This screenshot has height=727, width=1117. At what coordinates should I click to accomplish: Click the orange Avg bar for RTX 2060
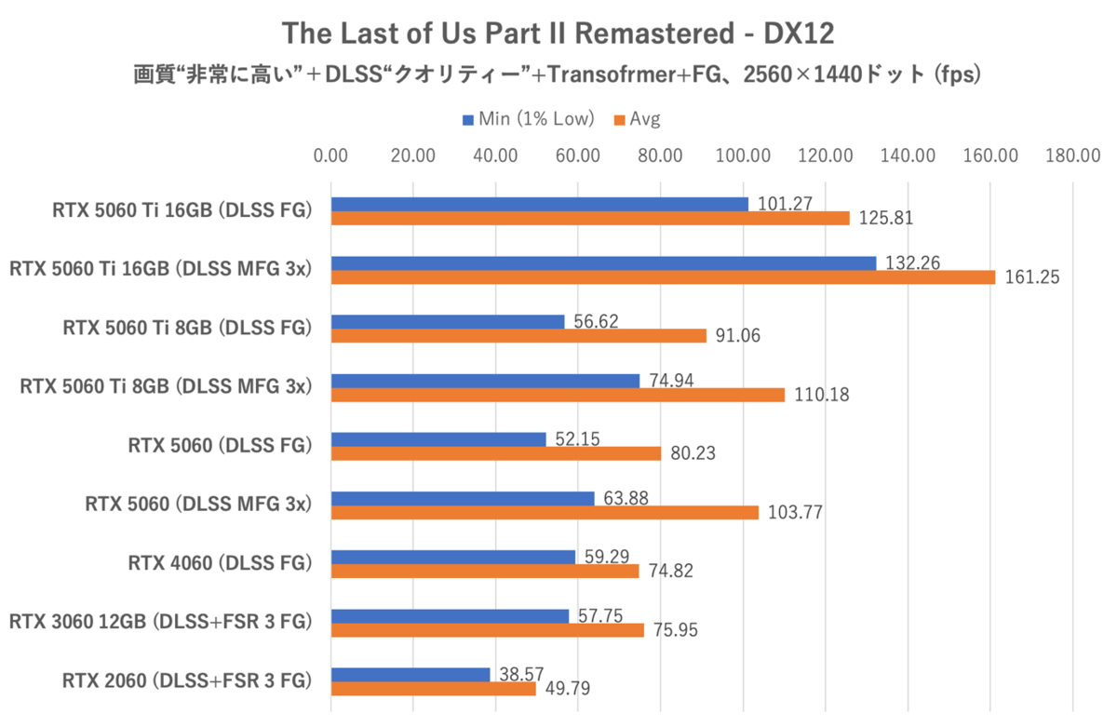pyautogui.click(x=433, y=689)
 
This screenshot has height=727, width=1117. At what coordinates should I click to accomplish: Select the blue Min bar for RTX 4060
pyautogui.click(x=453, y=557)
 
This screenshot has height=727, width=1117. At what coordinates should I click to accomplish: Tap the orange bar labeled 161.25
pyautogui.click(x=663, y=276)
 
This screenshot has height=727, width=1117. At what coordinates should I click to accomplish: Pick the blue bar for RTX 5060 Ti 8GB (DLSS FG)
pyautogui.click(x=448, y=321)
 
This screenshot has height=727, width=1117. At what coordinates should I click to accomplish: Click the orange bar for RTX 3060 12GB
pyautogui.click(x=487, y=630)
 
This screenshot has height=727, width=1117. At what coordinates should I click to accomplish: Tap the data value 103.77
pyautogui.click(x=795, y=513)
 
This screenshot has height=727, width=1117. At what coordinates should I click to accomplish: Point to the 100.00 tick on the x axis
pyautogui.click(x=743, y=155)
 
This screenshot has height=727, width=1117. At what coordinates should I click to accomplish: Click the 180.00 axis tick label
pyautogui.click(x=1072, y=155)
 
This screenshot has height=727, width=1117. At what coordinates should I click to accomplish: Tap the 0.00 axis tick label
pyautogui.click(x=331, y=155)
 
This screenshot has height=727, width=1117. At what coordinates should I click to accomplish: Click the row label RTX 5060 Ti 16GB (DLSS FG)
pyautogui.click(x=182, y=211)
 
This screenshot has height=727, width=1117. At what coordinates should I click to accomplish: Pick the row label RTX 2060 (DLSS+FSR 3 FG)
pyautogui.click(x=185, y=680)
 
